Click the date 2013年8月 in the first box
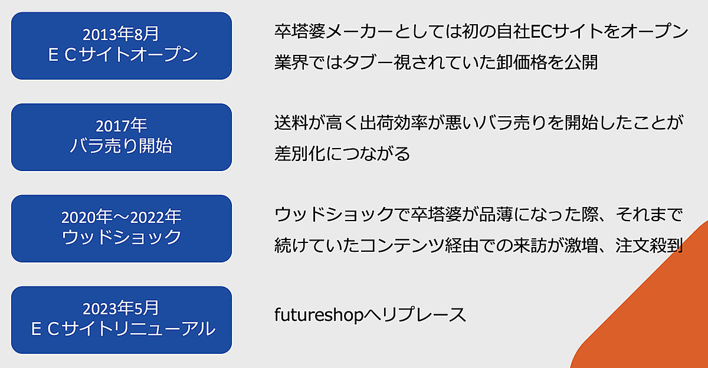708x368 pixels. point(120,34)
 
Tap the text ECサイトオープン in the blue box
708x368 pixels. point(123,55)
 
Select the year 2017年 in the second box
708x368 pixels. point(121,126)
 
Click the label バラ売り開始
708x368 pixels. point(121,146)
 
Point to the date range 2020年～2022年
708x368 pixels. point(122,217)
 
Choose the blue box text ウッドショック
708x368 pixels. point(122,237)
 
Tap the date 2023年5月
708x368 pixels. point(120,308)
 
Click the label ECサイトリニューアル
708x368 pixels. point(123,329)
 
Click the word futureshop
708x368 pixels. point(319,315)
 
